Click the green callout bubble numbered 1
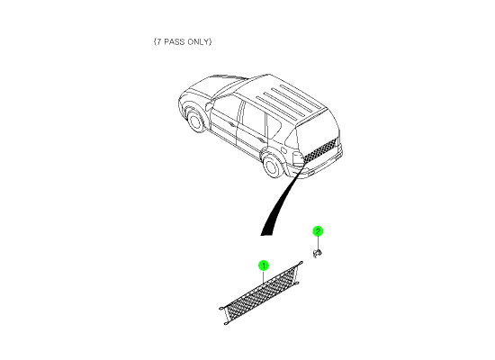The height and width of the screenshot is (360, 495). tap(264, 265)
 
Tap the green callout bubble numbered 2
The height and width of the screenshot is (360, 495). tap(318, 231)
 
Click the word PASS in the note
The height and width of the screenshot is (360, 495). tap(175, 41)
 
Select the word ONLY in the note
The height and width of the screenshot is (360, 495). tap(198, 41)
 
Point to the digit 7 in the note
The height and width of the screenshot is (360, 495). tap(158, 41)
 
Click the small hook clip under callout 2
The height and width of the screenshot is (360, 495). tap(317, 253)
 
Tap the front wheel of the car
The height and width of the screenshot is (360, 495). tap(195, 120)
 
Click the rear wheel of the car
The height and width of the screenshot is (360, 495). tap(273, 166)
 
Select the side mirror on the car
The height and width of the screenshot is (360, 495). tap(209, 105)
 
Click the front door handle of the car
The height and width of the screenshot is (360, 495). tap(232, 124)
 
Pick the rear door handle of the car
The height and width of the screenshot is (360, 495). tap(260, 139)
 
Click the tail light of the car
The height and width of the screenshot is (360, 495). tap(298, 158)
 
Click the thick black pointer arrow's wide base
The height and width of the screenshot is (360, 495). tap(266, 234)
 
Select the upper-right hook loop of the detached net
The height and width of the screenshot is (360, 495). tap(301, 263)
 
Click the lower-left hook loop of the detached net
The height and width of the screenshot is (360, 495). tap(226, 323)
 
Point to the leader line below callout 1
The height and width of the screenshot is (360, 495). tap(264, 277)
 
